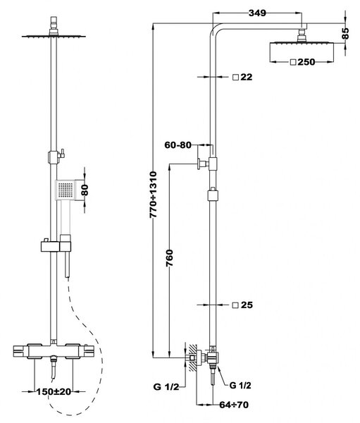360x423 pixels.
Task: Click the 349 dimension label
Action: coord(257,13)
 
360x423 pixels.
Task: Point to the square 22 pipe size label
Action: coord(242,77)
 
